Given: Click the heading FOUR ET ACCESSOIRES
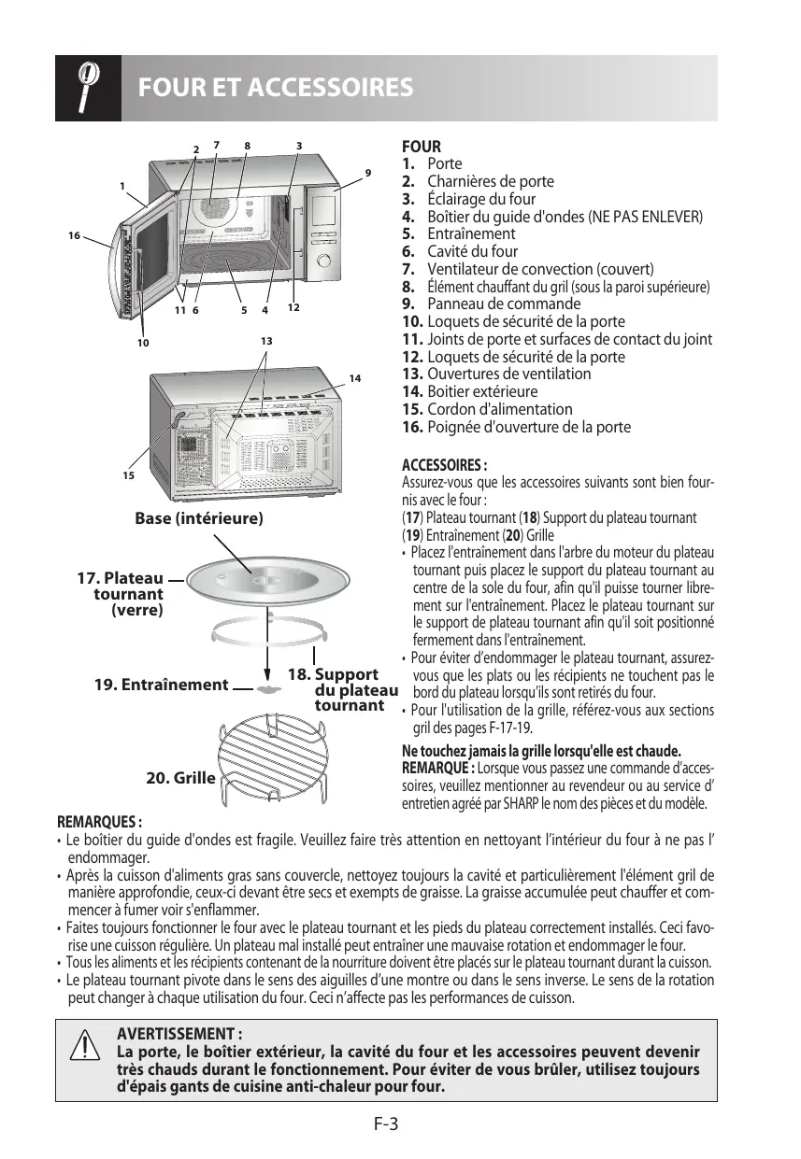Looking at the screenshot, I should [275, 88].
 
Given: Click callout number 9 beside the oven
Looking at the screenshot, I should [368, 173].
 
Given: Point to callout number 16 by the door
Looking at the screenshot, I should [74, 235].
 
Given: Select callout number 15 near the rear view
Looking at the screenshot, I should [127, 475].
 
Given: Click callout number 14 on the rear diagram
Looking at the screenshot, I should [354, 378].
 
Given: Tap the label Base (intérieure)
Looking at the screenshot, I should [199, 517].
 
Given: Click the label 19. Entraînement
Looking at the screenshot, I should [162, 685].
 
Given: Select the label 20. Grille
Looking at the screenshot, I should [181, 777].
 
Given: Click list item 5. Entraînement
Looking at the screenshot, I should [459, 233].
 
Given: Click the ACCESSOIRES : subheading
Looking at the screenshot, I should [443, 465].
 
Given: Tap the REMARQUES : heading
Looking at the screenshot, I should [99, 823].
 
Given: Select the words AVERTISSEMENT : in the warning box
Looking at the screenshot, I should [179, 1034].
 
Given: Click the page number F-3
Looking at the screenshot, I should [385, 1124].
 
